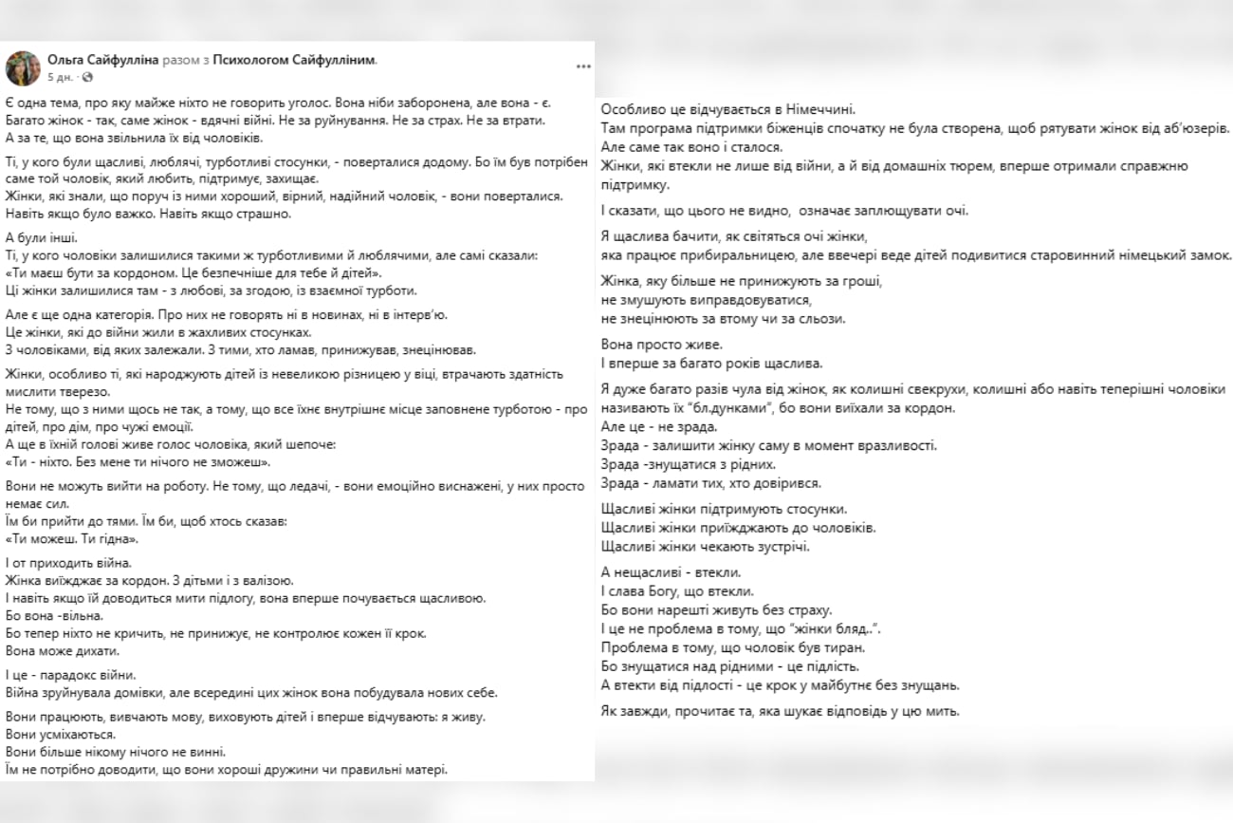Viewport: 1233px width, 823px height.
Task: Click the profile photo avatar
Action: point(22,67)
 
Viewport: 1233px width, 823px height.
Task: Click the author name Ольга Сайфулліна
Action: point(102,60)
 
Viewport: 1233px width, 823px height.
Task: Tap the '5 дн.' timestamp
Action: point(61,77)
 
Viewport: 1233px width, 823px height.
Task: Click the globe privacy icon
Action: point(86,77)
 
